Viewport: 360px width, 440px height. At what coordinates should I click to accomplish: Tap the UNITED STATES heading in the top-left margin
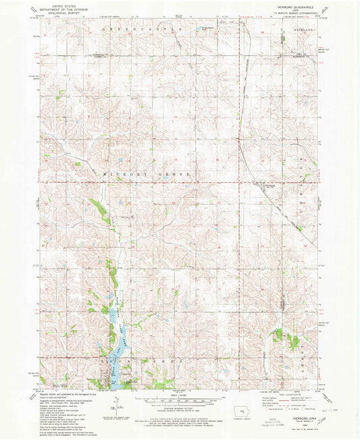[x=54, y=3]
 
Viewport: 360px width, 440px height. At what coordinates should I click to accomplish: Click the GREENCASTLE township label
[x=143, y=31]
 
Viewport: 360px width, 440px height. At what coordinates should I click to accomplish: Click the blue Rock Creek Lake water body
[x=115, y=351]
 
